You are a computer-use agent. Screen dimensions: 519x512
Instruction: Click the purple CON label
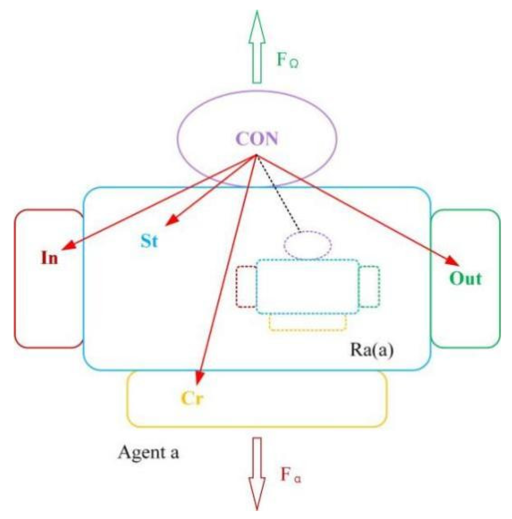257,139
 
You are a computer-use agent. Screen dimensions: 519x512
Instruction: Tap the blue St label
149,241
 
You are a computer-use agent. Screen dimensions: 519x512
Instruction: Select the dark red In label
49,258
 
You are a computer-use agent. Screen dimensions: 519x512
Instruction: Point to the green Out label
465,278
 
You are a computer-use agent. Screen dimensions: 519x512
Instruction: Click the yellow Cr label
192,398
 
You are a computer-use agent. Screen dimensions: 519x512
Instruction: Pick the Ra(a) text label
372,350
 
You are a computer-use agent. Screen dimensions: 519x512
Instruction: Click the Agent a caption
149,452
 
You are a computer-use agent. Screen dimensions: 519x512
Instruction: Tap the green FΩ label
288,60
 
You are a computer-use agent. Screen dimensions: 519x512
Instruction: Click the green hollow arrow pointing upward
257,47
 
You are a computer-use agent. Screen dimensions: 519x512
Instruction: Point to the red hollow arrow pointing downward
257,473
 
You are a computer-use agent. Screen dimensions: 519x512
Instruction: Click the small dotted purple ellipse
307,245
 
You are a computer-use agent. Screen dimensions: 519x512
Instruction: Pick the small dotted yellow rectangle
308,322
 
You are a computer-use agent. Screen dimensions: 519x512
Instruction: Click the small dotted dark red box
246,286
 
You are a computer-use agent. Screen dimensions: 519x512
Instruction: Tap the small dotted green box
369,286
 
